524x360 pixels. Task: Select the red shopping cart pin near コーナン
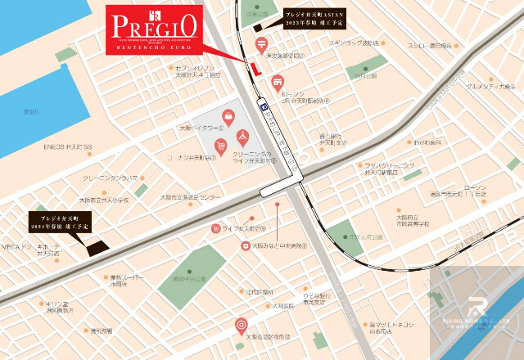[x=220, y=145]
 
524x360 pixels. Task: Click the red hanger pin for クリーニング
[x=242, y=136]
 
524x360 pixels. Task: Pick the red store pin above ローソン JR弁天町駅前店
[x=278, y=81]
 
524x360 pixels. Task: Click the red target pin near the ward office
[x=241, y=324]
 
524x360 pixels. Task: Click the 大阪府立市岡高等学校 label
[x=390, y=219]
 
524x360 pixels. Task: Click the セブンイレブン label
[x=194, y=70]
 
